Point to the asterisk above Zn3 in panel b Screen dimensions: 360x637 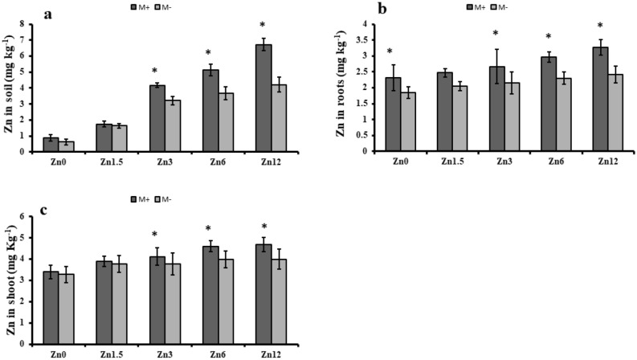pos(496,34)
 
